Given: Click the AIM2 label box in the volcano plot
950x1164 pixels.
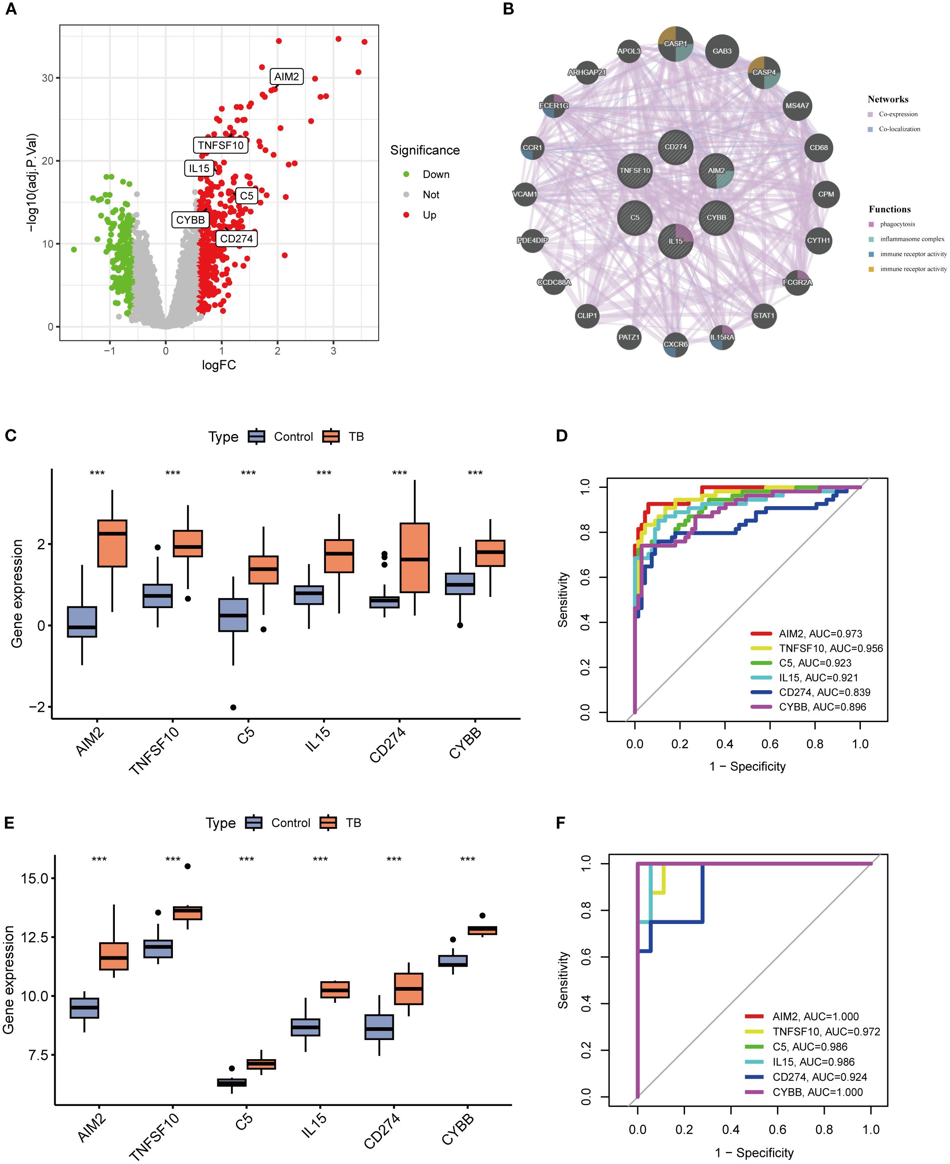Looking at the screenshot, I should point(286,77).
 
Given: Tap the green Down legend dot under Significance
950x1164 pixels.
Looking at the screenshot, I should point(406,175).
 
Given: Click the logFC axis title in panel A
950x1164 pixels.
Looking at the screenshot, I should point(219,365).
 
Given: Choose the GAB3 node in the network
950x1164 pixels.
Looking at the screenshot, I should point(722,51).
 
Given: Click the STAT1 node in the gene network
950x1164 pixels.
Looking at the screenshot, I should point(763,315).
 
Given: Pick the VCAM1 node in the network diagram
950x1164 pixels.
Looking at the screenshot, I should point(525,194).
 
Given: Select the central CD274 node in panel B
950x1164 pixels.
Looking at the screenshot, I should point(675,147).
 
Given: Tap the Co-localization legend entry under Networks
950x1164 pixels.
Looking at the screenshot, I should point(899,129).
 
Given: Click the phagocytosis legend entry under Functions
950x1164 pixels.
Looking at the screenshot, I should point(897,224).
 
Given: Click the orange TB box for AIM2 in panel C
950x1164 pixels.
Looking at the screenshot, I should point(112,543).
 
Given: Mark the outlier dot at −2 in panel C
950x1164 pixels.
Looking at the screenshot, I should point(233,707).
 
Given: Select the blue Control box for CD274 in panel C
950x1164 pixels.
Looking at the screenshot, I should point(385,602).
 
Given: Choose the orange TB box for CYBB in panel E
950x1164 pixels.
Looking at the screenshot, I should point(482,931).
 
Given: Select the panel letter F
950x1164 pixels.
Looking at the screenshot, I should point(560,823).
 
